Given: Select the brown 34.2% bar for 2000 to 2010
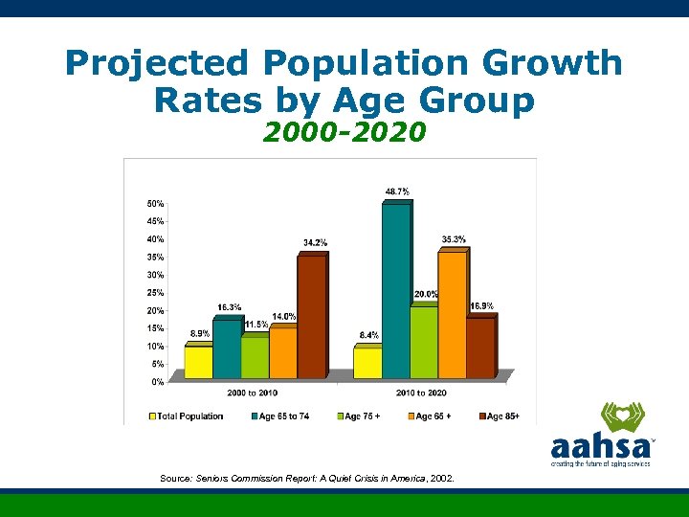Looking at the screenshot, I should [311, 315].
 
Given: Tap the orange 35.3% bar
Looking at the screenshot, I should [452, 313].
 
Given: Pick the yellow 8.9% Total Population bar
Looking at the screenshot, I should [198, 361].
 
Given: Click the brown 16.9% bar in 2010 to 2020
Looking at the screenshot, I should [480, 347].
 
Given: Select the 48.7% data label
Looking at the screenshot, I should [398, 191].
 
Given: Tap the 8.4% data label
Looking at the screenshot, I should [368, 335].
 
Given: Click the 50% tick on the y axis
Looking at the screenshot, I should [154, 204].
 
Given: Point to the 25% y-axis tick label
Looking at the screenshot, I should [154, 293].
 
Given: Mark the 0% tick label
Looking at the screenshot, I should [156, 382].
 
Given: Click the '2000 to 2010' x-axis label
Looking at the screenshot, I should [253, 393].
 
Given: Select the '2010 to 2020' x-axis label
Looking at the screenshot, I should [421, 393].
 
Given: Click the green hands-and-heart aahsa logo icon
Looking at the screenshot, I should [623, 418].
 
